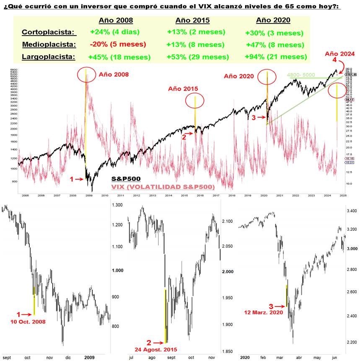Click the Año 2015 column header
(192, 20)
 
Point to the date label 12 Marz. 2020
(263, 312)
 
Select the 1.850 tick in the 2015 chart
(228, 351)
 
